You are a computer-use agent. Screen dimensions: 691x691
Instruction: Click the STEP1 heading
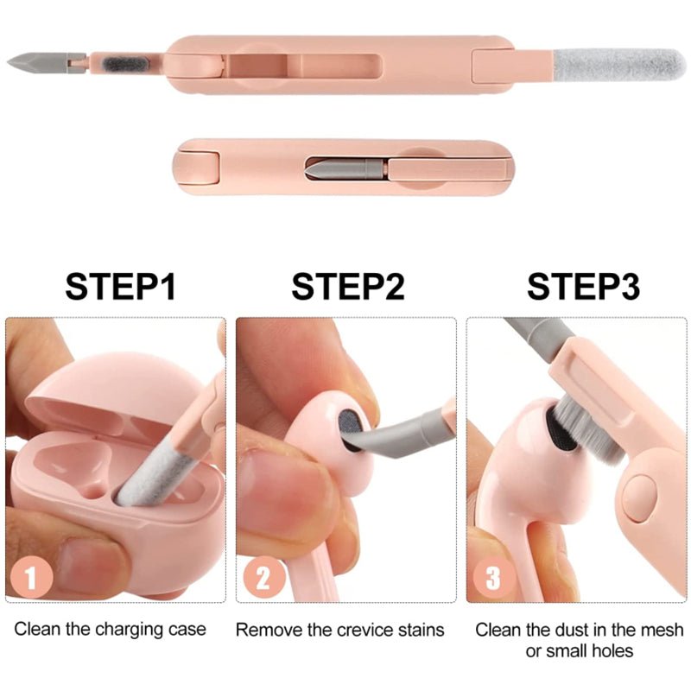(121, 286)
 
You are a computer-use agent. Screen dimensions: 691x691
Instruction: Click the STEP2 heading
(347, 286)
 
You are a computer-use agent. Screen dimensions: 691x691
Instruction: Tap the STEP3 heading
(583, 286)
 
